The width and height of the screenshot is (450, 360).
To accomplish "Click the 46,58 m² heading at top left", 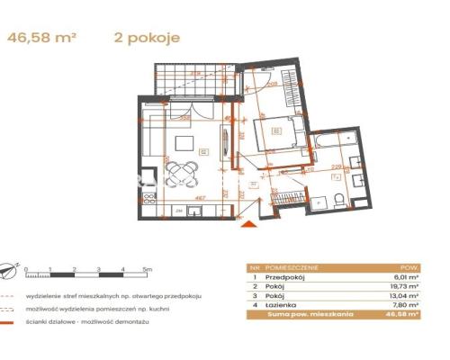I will tap(42, 38).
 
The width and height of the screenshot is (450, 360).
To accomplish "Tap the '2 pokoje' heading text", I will tap(148, 38).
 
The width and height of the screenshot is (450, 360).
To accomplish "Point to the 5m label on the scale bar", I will tap(148, 268).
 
